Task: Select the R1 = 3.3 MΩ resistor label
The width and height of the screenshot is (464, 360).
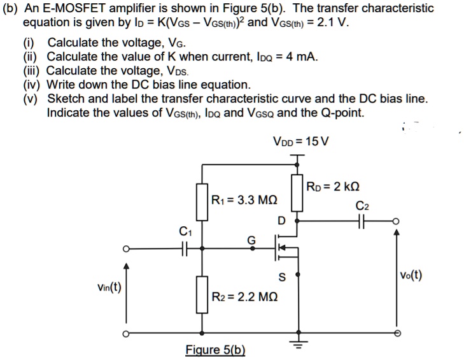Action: (243, 200)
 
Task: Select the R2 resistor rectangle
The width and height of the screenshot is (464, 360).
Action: (202, 294)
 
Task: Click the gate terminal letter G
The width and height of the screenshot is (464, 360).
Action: (251, 240)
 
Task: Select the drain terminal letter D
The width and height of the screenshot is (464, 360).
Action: (280, 221)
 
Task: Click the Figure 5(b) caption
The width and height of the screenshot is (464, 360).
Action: (214, 350)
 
